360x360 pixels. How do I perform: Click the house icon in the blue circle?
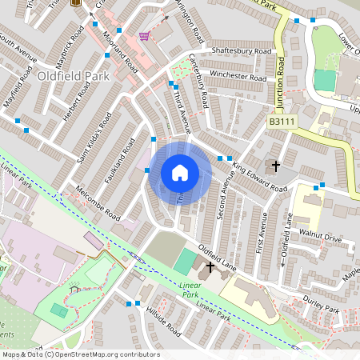pyautogui.click(x=180, y=173)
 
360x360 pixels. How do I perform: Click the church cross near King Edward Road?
pyautogui.click(x=276, y=166)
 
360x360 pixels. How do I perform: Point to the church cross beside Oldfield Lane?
pyautogui.click(x=211, y=266)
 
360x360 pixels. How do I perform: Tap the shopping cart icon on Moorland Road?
pyautogui.click(x=144, y=36)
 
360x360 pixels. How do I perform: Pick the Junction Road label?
pyautogui.click(x=280, y=83)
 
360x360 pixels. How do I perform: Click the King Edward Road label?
pyautogui.click(x=259, y=178)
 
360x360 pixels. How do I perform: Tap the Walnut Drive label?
pyautogui.click(x=320, y=238)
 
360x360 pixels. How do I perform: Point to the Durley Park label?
pyautogui.click(x=322, y=306)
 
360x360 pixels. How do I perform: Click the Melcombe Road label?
pyautogui.click(x=97, y=205)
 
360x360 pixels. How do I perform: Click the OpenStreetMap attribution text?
pyautogui.click(x=81, y=354)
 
